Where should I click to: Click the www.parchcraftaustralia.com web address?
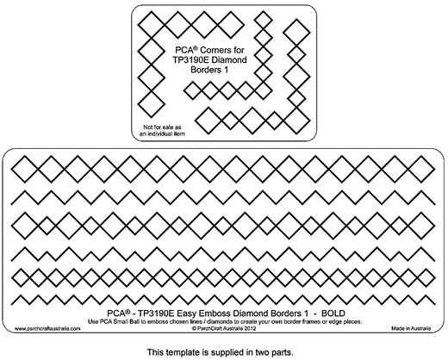[x=47, y=329]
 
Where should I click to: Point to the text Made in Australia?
[x=411, y=328]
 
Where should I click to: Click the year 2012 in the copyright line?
[x=250, y=328]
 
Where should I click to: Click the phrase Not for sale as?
[x=162, y=127]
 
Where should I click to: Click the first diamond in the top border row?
[x=25, y=169]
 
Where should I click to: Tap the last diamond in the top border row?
[x=421, y=169]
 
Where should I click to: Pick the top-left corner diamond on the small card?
[x=152, y=25]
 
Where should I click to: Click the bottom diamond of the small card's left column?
[x=152, y=104]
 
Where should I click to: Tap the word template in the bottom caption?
[x=181, y=352]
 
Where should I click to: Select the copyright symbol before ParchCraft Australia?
[x=194, y=328]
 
